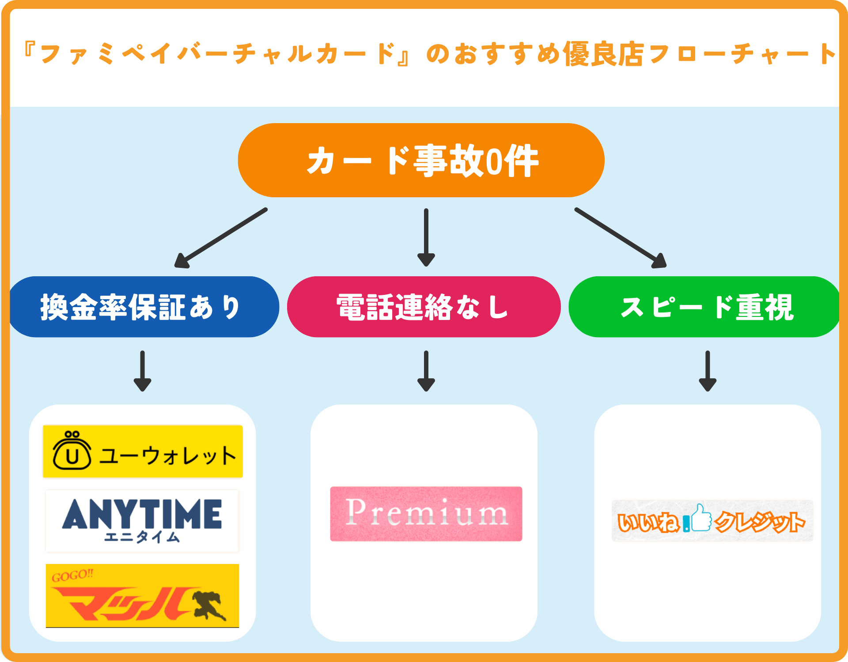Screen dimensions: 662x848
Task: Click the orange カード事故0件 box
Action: click(421, 160)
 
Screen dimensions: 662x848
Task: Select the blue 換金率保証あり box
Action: click(144, 307)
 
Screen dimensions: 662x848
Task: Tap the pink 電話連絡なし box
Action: click(424, 307)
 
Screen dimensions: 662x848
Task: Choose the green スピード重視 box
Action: click(705, 307)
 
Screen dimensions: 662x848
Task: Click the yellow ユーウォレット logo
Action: click(143, 451)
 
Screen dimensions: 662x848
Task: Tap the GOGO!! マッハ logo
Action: click(142, 595)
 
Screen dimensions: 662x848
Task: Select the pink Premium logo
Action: click(426, 514)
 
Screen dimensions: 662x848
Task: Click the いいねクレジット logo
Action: click(712, 521)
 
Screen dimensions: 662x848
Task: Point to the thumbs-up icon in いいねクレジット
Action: click(701, 518)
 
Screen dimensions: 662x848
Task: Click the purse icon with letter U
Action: click(72, 451)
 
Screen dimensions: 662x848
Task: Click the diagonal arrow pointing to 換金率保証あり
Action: click(221, 238)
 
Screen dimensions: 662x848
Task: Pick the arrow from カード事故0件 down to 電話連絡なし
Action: click(426, 237)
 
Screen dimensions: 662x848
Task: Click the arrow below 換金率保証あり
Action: click(142, 371)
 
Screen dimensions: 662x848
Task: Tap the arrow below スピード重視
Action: click(707, 371)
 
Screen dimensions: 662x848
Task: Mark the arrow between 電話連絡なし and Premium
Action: click(426, 371)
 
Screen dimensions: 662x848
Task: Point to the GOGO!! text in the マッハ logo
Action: click(72, 575)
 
